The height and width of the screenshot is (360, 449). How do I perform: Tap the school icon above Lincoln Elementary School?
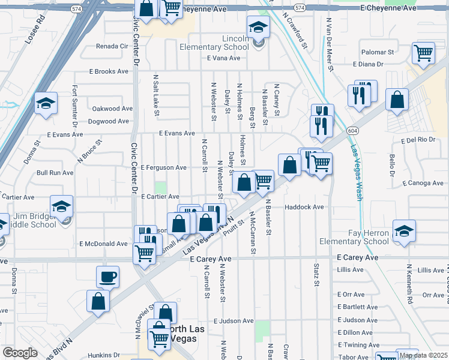258,27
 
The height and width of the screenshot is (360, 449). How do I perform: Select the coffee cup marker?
107,277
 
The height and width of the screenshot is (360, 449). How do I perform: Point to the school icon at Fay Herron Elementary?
404,230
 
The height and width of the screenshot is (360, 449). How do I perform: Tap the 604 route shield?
352,130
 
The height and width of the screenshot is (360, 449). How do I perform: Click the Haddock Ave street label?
304,207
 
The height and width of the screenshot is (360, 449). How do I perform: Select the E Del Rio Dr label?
417,139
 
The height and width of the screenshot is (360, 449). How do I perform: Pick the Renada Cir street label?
112,46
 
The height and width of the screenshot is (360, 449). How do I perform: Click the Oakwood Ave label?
112,109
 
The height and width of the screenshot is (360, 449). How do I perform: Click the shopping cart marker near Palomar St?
423,53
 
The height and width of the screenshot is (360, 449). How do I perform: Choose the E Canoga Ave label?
423,183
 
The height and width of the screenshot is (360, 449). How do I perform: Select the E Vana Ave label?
223,58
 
